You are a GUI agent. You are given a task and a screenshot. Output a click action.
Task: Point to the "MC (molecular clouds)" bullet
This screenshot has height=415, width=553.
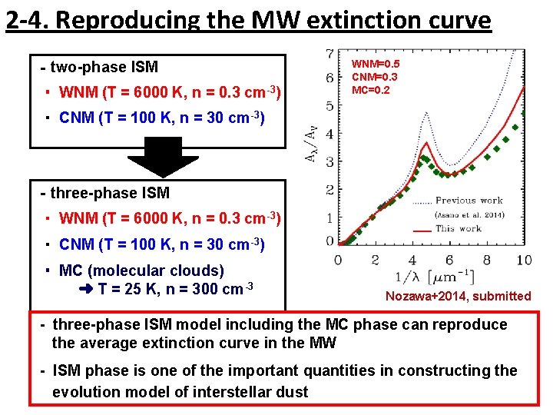click(141, 271)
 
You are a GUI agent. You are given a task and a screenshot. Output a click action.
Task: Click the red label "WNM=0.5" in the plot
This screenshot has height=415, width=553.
click(376, 65)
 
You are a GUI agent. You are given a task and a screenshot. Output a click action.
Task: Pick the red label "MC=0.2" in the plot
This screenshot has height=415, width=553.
click(371, 90)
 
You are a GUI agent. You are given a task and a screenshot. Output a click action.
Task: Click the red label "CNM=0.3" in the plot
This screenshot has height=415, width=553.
click(375, 78)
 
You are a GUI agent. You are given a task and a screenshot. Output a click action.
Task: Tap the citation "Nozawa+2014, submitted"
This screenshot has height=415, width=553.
click(458, 296)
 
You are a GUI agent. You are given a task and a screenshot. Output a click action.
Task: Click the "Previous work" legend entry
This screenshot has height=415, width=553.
click(469, 200)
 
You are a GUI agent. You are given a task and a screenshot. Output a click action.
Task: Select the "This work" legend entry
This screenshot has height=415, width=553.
click(458, 228)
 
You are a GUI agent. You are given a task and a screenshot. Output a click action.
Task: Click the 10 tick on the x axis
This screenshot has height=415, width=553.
click(523, 261)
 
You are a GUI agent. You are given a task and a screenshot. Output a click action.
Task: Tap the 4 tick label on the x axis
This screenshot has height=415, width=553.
click(412, 261)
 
